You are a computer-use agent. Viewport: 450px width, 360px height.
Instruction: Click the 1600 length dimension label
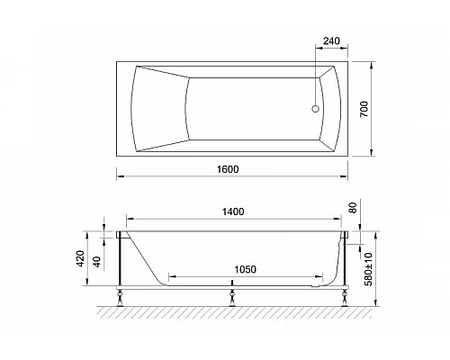(x=228, y=167)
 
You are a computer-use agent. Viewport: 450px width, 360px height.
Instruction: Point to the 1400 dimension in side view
(x=232, y=211)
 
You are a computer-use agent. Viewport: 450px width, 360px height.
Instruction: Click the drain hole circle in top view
(x=315, y=111)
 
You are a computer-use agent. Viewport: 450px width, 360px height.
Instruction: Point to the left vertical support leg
(x=121, y=263)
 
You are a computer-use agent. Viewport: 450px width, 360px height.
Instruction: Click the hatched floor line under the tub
(x=234, y=310)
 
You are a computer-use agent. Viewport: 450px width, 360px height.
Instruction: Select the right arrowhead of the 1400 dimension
(x=344, y=220)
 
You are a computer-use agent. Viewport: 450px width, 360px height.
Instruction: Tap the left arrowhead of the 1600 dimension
(x=118, y=175)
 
